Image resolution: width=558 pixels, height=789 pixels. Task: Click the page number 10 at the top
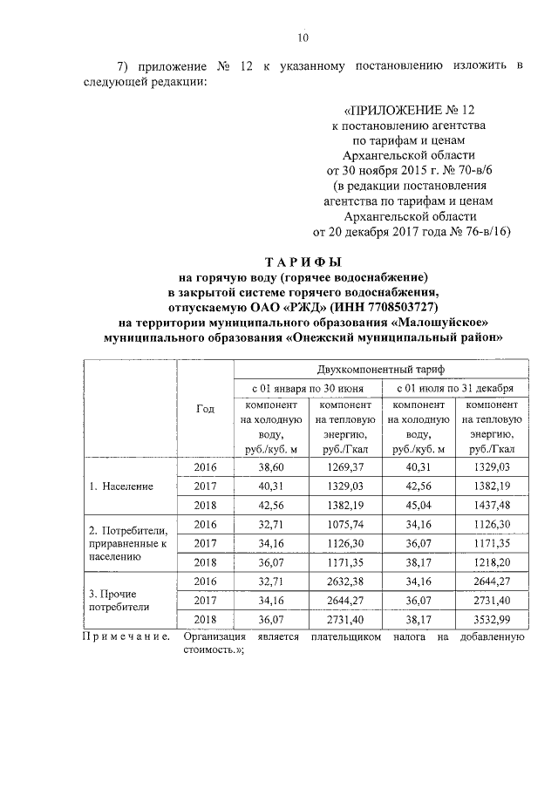point(303,37)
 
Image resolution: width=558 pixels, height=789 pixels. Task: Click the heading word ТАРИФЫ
point(303,262)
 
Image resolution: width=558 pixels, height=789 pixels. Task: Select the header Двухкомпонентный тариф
point(380,370)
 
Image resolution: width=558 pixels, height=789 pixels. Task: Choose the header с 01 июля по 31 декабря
point(454,388)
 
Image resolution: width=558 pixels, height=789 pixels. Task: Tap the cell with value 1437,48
point(491,506)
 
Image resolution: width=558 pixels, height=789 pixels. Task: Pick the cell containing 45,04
point(418,506)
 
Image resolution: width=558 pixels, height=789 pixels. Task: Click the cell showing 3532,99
point(491,620)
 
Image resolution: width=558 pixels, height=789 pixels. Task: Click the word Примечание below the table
point(126,637)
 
